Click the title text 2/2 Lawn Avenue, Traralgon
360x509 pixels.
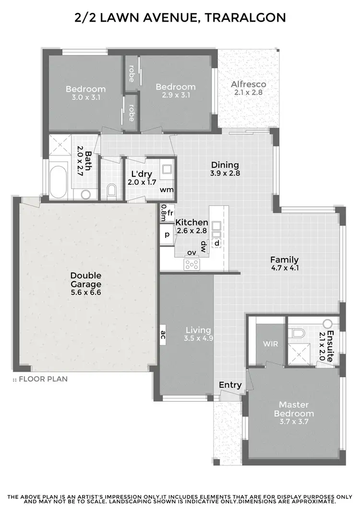coord(180,18)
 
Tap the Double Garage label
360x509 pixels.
coord(86,283)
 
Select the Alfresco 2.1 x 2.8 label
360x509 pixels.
coord(248,88)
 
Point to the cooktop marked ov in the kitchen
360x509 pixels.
coord(192,263)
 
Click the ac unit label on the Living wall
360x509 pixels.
coord(163,335)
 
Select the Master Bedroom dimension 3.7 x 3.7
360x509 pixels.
coord(297,422)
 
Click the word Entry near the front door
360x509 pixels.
coord(230,385)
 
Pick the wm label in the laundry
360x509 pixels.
coord(167,189)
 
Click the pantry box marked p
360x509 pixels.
coord(167,235)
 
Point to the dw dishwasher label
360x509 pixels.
coord(203,246)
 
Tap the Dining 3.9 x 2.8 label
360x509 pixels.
coord(225,169)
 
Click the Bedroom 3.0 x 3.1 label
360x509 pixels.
coord(85,93)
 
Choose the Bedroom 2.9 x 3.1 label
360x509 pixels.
coord(176,91)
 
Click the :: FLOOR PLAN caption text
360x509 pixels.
coord(40,379)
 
